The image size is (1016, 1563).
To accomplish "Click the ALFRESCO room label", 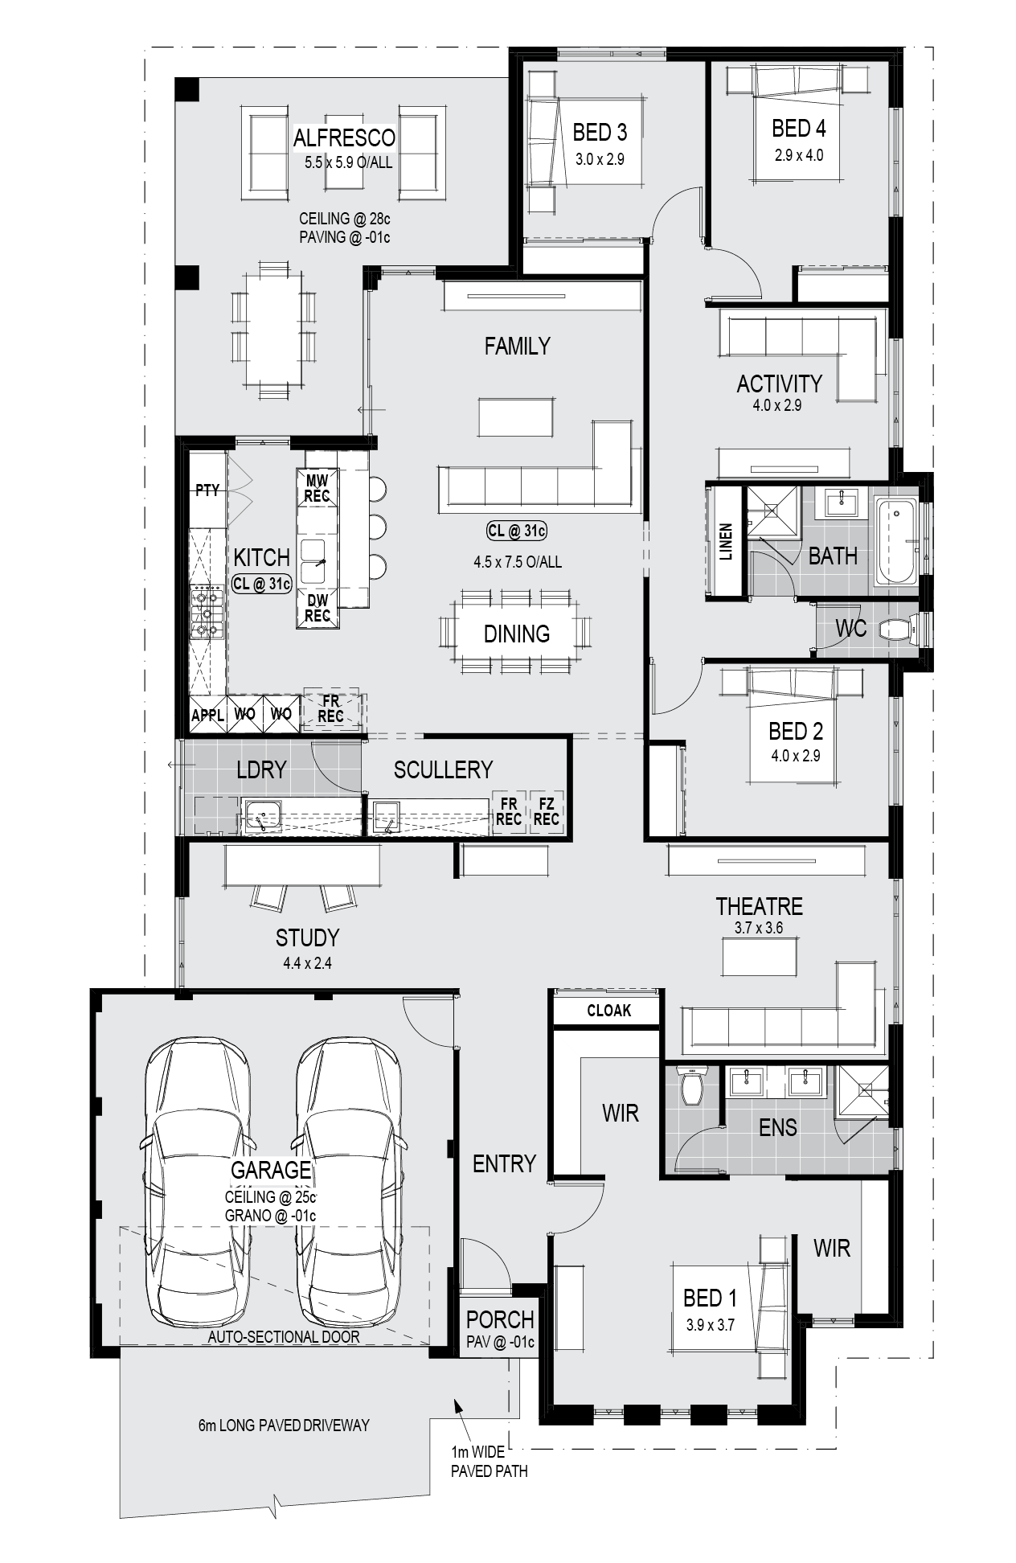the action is tap(344, 138).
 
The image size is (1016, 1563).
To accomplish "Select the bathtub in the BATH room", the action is tap(895, 541).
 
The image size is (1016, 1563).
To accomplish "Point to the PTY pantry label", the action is tap(207, 490).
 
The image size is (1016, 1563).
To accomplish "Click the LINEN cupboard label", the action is tap(727, 542).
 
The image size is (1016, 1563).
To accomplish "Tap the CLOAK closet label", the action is tap(608, 1011).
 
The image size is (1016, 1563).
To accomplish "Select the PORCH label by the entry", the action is tap(500, 1319).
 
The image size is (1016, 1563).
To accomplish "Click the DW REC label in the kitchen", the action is tap(317, 607).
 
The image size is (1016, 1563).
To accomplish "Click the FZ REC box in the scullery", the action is tap(546, 812).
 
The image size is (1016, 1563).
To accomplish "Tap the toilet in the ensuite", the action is tap(690, 1085).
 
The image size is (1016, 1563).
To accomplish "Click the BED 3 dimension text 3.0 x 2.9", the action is tap(600, 159).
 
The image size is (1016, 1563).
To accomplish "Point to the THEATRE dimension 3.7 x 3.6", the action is tap(759, 928).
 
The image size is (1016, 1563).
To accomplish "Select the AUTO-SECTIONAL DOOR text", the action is tap(284, 1337).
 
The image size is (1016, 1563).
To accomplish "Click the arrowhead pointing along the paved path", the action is tap(458, 1405).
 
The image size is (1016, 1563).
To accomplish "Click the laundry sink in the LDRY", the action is tap(261, 817).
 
